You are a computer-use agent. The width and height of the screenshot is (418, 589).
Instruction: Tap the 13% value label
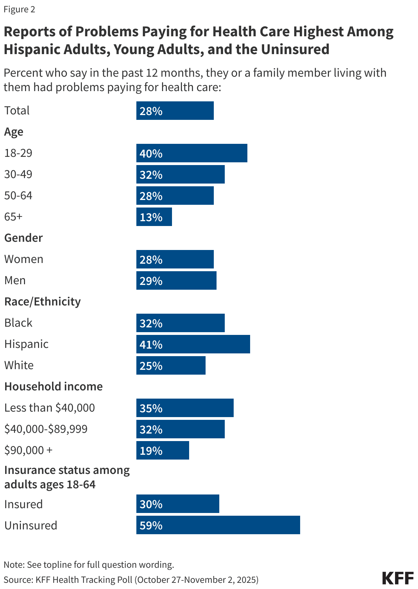coord(151,217)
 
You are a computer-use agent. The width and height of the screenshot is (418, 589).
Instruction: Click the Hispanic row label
coord(26,344)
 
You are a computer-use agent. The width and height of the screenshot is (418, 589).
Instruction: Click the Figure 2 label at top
coord(20,9)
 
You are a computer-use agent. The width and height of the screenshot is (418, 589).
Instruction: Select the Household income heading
coord(53,386)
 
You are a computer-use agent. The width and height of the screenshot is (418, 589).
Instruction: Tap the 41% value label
coord(151,344)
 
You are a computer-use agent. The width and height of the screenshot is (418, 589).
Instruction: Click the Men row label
coord(15,280)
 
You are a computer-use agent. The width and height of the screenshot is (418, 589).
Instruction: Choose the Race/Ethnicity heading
coord(42,301)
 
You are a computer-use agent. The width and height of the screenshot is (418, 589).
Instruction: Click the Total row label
coord(17,111)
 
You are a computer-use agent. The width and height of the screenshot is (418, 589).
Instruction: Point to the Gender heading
coord(24,238)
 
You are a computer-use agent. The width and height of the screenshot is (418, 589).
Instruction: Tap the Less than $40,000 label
coord(50,408)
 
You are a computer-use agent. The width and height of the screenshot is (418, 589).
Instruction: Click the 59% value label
coord(151,525)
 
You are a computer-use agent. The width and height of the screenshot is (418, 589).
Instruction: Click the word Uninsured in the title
coord(295,49)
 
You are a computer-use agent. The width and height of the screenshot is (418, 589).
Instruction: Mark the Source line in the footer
coord(131,579)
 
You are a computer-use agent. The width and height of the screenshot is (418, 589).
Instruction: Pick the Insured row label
coord(24,504)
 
